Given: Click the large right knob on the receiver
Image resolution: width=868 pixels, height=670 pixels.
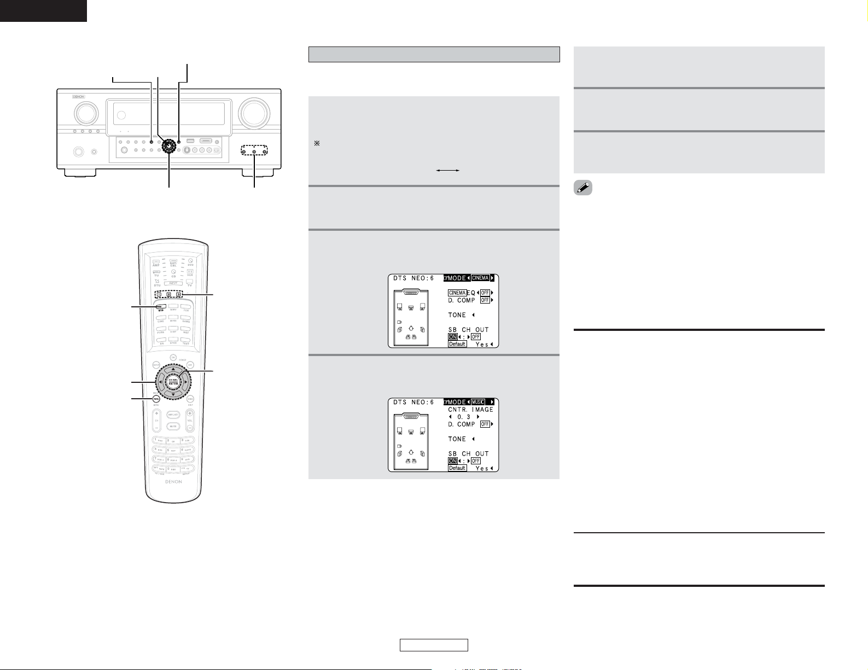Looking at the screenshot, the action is [x=253, y=113].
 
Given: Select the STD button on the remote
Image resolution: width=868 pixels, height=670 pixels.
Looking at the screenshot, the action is [x=161, y=308].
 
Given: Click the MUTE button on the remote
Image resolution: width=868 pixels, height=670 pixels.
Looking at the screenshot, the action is [x=173, y=426].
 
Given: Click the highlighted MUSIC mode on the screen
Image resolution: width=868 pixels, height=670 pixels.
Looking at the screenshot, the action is [x=479, y=402].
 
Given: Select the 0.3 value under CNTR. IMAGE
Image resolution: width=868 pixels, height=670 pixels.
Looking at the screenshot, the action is [x=464, y=417].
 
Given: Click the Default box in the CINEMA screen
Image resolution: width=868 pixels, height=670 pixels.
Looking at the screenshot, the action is [x=457, y=344].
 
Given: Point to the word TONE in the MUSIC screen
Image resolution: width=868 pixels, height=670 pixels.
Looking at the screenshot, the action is [x=457, y=439].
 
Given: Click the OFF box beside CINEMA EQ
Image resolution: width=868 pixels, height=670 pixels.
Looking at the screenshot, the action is [x=485, y=293].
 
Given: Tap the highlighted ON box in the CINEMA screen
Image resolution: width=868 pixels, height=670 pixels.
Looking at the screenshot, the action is [x=452, y=337].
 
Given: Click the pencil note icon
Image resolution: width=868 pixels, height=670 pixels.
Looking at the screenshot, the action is [x=583, y=189].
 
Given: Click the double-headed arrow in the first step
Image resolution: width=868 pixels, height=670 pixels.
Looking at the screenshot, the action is [x=447, y=171].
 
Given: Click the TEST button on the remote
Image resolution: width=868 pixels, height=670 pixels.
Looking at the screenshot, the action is [x=186, y=341].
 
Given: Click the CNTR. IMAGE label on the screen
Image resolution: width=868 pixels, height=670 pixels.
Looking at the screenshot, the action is [x=470, y=410].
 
